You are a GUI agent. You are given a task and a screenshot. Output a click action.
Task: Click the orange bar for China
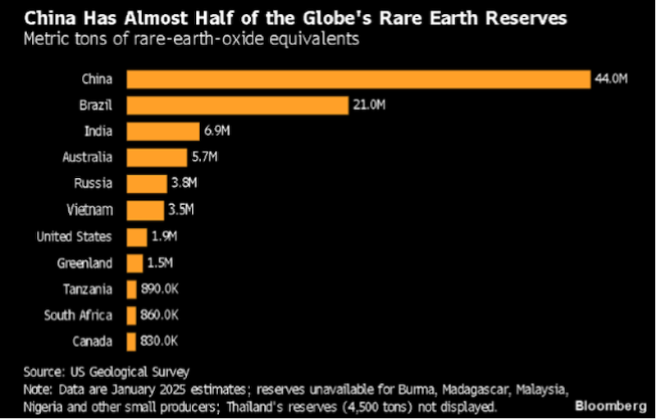point(358,79)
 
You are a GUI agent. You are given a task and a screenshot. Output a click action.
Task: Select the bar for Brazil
point(238,105)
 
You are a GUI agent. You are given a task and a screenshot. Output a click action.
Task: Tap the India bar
point(163,131)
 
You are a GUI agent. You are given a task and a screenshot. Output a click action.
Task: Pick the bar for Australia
point(157,157)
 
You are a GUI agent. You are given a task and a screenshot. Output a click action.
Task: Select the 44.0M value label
point(611,79)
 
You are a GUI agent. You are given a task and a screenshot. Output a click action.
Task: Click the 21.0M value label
point(369,105)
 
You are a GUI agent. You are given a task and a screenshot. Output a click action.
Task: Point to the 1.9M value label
point(164,237)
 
